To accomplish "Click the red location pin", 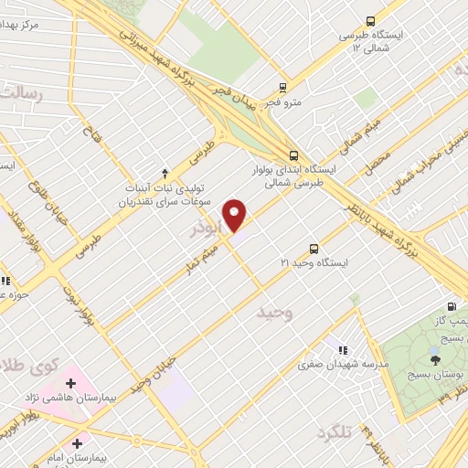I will pos(236,214).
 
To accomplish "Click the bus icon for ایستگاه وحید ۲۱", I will pos(314,248).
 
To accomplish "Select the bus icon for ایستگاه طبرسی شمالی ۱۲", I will pos(370,21).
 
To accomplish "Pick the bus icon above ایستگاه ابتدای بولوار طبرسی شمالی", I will pos(292,155).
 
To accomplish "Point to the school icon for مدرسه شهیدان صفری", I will pos(343,349).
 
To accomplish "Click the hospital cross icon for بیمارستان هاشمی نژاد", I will pos(70,383).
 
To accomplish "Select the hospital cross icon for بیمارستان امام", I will pos(88,442).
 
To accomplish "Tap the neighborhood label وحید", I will pos(274,314).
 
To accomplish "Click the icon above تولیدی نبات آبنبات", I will pos(165,172).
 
